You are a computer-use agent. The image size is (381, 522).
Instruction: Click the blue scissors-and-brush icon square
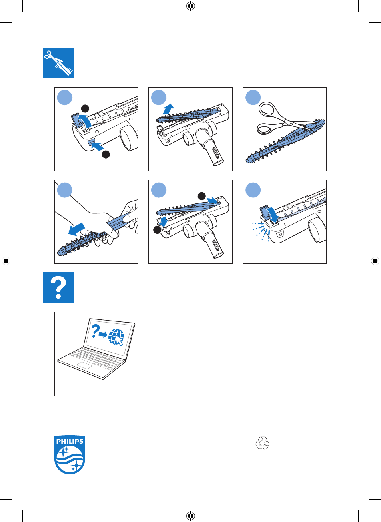click(x=58, y=63)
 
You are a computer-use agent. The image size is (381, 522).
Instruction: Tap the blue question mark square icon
click(x=58, y=287)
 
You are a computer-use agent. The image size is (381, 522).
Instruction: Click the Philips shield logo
click(x=70, y=455)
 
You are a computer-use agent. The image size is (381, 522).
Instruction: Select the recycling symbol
click(x=263, y=443)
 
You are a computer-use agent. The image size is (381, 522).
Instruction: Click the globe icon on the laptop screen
click(x=116, y=337)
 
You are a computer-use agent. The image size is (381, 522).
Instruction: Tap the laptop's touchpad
click(x=84, y=365)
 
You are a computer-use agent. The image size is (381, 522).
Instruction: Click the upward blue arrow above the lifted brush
click(x=168, y=109)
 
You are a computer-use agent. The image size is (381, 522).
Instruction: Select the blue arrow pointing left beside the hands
click(x=77, y=229)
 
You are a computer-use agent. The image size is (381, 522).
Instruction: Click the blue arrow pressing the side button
click(x=97, y=146)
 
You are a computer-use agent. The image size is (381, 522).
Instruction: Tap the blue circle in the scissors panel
click(x=253, y=97)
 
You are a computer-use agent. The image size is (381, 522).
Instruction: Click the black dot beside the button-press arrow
click(x=106, y=154)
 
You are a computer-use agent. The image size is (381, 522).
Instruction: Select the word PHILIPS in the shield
click(x=70, y=441)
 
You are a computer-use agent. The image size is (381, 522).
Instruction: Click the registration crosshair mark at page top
click(x=190, y=6)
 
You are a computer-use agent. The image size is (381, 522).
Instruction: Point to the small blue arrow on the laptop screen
click(x=103, y=335)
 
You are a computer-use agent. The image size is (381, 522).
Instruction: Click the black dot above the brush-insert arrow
click(x=202, y=196)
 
